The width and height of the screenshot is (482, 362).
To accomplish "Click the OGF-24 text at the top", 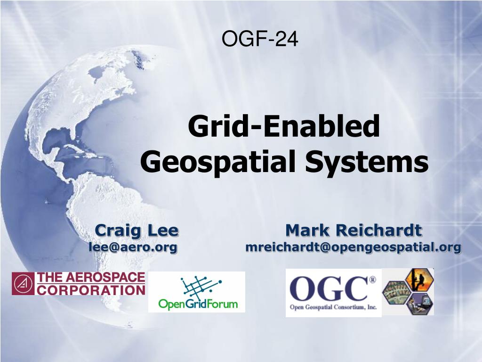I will pos(260,39).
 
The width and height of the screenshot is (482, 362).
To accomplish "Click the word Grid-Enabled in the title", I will pos(284,127).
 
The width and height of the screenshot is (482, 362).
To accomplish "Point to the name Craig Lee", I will pos(137,230).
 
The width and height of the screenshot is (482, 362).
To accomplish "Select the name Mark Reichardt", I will pos(353,230).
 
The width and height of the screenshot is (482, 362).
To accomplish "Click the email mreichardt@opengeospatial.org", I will pos(353,247).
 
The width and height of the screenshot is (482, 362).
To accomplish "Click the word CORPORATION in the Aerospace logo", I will pos(91,289).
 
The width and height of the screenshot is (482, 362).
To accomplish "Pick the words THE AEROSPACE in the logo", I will pos(91,278).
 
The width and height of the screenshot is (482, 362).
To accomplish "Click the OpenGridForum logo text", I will pos(198,304).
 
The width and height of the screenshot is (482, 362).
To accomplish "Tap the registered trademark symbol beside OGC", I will pos(373,280).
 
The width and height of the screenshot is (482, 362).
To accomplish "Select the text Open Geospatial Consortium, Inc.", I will pos(333,307).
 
